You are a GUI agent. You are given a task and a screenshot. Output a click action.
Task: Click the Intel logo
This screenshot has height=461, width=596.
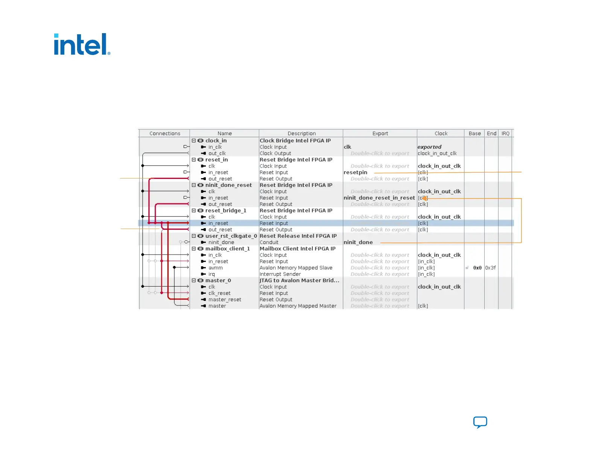82,44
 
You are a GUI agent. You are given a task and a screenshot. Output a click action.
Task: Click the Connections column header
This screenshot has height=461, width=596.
165,134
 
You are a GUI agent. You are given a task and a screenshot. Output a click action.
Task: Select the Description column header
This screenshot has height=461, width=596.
301,134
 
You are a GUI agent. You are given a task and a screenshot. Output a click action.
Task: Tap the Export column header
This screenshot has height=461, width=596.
380,134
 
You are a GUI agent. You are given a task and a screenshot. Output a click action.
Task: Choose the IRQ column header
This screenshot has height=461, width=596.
505,134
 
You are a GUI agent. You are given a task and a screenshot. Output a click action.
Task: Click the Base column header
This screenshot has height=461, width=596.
474,134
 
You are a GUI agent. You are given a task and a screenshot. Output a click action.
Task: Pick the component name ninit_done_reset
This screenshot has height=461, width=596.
228,185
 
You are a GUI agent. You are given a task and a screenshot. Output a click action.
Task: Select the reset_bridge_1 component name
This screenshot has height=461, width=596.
226,211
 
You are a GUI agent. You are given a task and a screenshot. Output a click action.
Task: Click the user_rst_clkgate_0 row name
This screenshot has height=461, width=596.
231,236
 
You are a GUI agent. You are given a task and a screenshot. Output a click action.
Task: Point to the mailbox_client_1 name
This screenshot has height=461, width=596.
227,249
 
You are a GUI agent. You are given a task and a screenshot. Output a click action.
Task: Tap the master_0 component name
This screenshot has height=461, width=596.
218,281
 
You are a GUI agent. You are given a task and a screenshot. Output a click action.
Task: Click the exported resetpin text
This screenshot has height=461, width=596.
355,172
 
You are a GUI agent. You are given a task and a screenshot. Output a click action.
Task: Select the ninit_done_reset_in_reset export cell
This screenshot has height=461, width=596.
379,198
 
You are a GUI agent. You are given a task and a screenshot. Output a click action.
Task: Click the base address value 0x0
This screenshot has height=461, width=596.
477,268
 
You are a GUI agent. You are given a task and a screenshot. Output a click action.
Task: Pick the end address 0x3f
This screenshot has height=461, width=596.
490,268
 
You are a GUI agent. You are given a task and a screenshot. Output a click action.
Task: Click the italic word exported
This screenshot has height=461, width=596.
429,147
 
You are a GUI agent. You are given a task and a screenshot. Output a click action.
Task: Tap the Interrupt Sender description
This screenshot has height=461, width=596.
280,274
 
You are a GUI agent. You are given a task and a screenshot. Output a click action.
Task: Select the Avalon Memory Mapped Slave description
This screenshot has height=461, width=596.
296,268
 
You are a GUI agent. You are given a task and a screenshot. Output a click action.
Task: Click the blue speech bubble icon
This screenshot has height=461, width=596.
480,422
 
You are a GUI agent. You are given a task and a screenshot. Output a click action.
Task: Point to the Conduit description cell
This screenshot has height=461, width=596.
269,243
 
